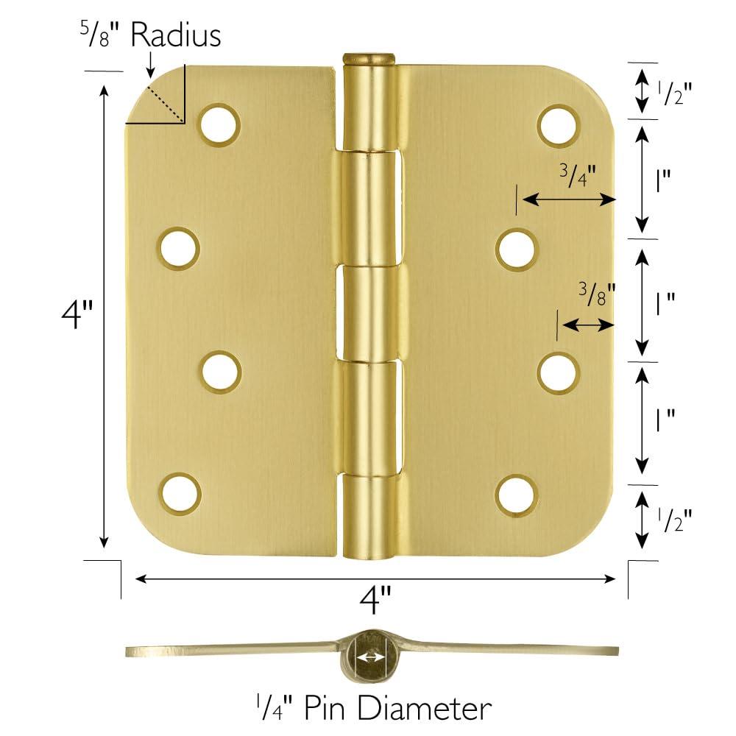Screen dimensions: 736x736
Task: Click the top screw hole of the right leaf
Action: tap(557, 124)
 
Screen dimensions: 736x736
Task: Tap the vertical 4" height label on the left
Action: tap(77, 315)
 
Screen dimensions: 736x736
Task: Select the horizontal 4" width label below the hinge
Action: tap(375, 601)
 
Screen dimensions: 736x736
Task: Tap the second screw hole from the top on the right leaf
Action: tap(516, 249)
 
